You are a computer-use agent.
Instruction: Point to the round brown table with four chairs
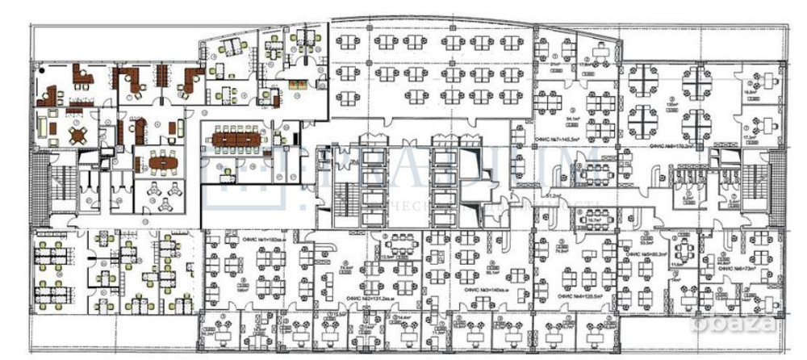point(77,135)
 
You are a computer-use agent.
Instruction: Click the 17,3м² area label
point(750,138)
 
